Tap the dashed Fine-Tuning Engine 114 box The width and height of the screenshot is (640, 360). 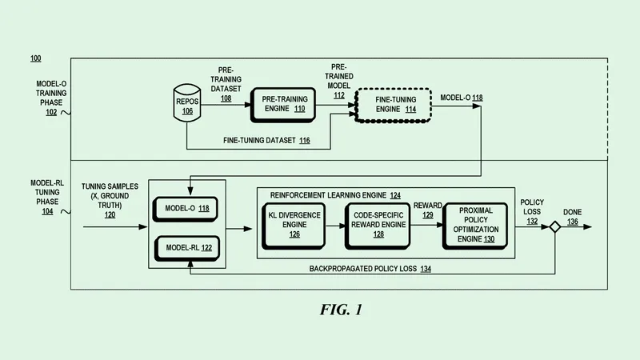388,105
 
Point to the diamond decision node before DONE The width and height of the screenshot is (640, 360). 552,228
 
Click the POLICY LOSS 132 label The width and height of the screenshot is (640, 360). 534,212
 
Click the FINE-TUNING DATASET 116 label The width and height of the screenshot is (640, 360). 266,141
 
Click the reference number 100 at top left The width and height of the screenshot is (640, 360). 36,58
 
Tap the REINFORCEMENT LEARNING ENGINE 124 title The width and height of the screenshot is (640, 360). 335,194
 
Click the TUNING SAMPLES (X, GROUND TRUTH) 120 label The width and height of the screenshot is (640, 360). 109,200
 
